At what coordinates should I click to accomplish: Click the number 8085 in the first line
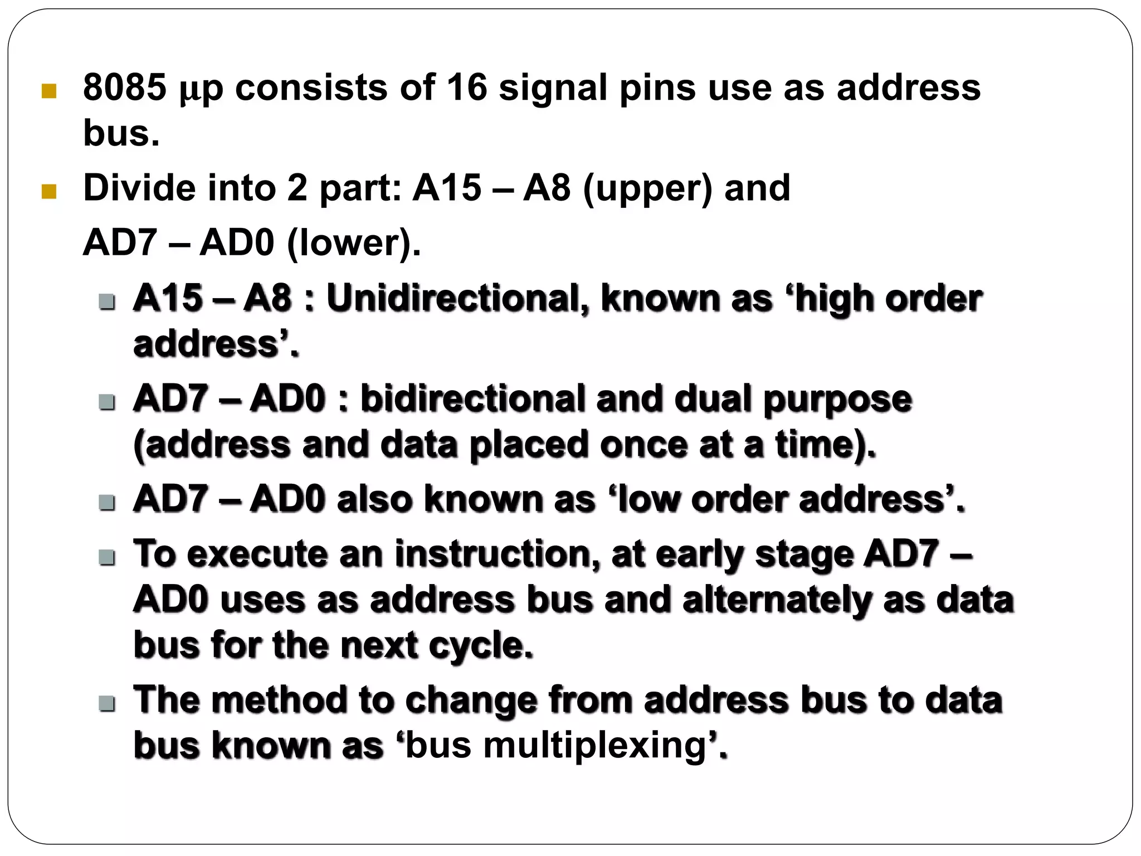click(124, 87)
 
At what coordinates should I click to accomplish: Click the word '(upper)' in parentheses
click(647, 189)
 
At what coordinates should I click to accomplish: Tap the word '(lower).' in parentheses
click(353, 244)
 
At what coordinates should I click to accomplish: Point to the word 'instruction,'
click(497, 555)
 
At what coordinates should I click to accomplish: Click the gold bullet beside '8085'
click(49, 91)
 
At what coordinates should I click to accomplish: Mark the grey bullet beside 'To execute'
click(106, 557)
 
